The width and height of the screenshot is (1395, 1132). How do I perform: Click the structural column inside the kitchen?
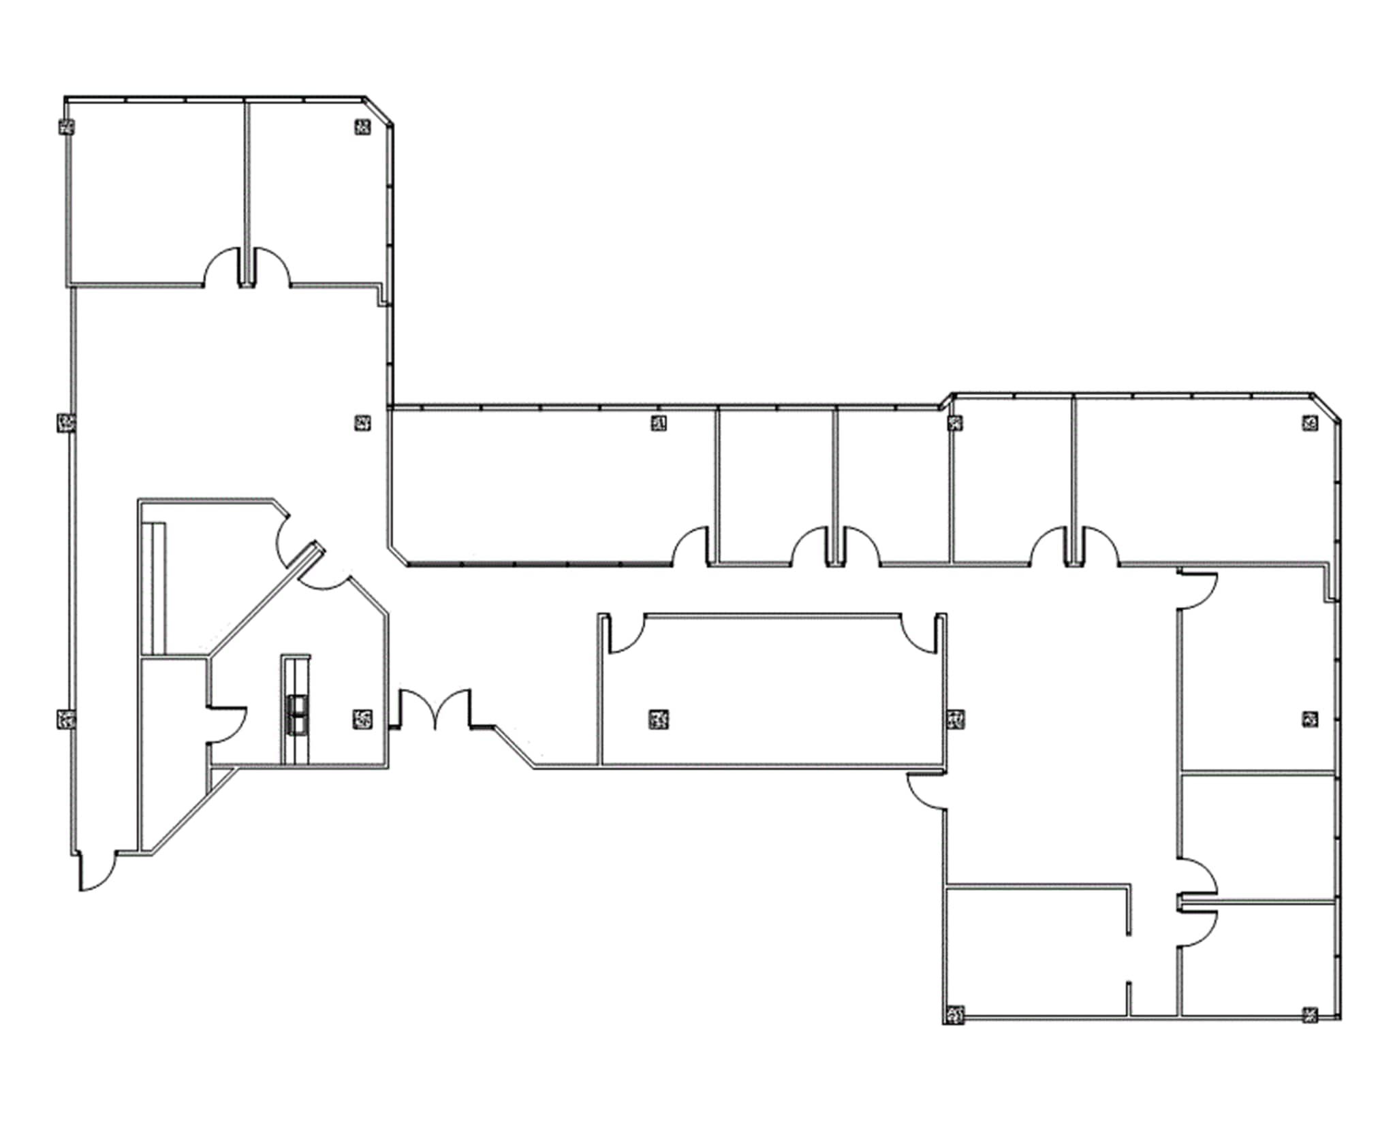point(363,719)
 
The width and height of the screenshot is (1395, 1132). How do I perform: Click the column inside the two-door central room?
point(658,719)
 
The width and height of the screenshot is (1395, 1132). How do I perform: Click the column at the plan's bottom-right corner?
point(1310,1033)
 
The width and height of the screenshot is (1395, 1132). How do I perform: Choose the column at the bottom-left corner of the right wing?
point(954,1033)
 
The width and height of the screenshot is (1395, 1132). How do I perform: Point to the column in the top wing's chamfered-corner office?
point(363,126)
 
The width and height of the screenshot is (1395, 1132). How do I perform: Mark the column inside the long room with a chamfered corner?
point(658,423)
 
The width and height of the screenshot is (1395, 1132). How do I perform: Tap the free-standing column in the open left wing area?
point(363,423)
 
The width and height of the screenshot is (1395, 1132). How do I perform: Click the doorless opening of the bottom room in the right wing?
point(1129,958)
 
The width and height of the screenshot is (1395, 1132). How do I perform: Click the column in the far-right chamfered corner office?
point(1310,423)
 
